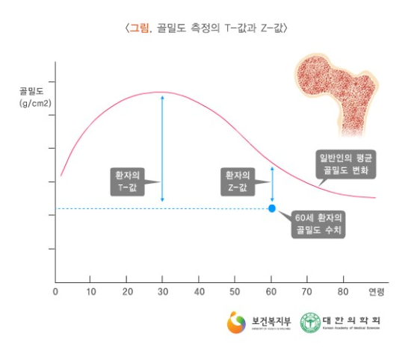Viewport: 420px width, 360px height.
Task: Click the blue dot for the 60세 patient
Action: point(271,208)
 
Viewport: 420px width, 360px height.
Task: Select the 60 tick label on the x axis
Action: point(271,291)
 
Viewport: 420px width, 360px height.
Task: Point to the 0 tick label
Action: point(55,291)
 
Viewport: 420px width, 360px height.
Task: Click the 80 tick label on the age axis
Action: point(343,291)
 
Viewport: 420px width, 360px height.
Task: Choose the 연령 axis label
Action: point(377,291)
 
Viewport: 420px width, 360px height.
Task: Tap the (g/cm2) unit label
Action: point(35,103)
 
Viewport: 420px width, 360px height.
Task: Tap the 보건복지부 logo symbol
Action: point(237,323)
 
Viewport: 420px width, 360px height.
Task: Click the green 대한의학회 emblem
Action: point(310,323)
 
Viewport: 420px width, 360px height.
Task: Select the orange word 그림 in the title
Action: point(140,28)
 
